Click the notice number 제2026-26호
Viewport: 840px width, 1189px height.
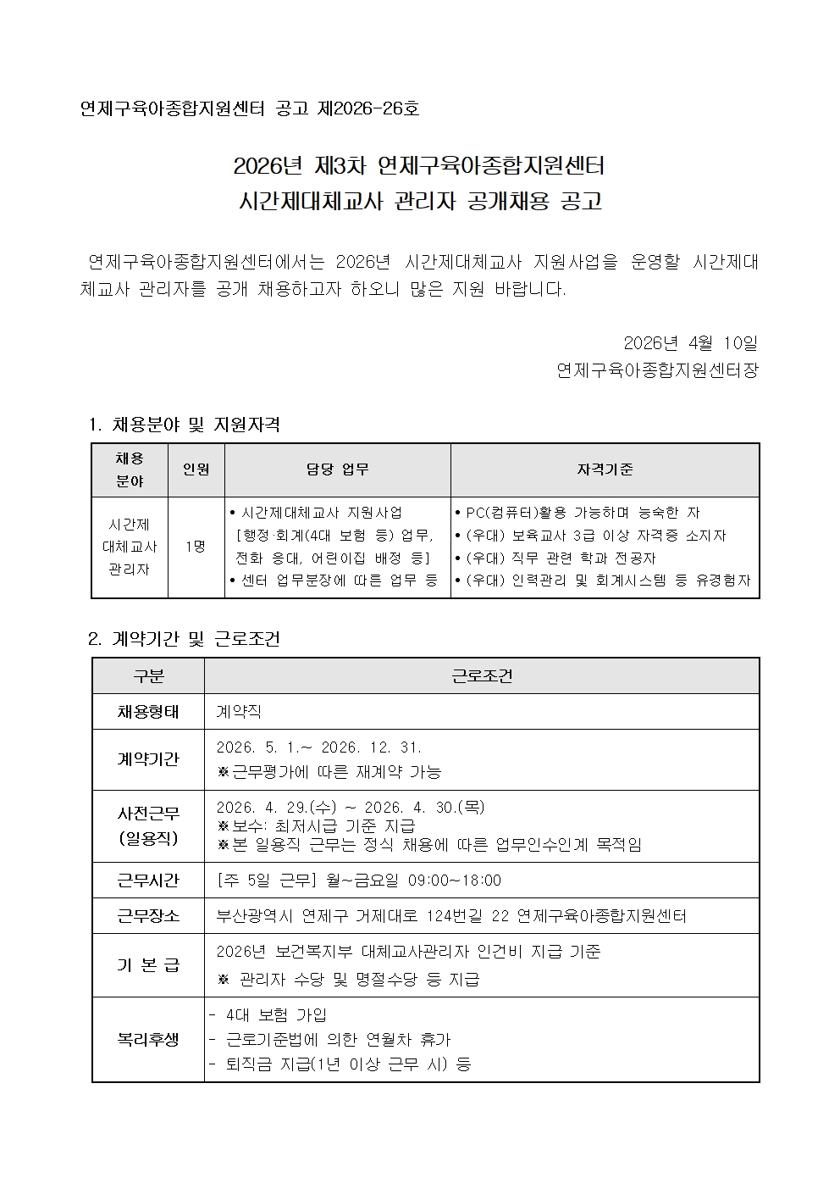[x=368, y=109]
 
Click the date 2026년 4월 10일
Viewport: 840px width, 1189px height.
[x=690, y=343]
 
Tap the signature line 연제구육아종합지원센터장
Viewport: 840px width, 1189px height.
[x=657, y=370]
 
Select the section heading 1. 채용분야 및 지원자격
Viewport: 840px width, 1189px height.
[x=185, y=425]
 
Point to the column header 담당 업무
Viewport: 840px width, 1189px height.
[x=337, y=469]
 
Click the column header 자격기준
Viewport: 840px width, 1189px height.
[x=605, y=469]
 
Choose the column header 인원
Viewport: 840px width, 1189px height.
[x=196, y=469]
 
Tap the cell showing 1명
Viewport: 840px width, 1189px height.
[x=196, y=547]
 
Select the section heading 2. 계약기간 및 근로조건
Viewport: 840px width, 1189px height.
[x=185, y=639]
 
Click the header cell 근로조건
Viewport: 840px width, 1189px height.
[x=481, y=676]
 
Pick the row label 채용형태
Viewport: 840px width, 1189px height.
[x=148, y=712]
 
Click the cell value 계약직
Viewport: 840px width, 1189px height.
[x=239, y=712]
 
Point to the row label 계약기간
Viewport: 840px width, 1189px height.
[x=148, y=759]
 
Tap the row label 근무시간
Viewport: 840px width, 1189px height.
[x=148, y=881]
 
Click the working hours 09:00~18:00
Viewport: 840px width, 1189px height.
[x=454, y=881]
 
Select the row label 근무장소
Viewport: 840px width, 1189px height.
[x=148, y=916]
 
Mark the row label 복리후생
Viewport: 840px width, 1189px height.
[x=148, y=1039]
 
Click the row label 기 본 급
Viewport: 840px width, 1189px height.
[x=148, y=965]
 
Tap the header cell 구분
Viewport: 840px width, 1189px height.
[x=148, y=676]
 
